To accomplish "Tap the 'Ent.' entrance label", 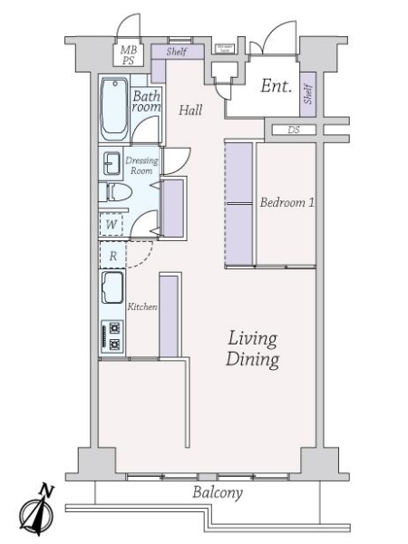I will point(275,87).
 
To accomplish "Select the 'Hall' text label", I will point(189,111).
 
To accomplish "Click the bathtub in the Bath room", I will point(114,110).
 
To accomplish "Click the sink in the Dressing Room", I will point(112,164).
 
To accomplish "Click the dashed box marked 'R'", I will point(112,256).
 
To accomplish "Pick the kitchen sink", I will point(113,289).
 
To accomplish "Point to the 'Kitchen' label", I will point(142,307).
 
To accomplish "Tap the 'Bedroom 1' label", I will point(287,203).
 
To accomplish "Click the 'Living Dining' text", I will point(252,349).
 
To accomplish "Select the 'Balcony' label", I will point(218,493).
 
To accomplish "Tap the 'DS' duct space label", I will point(293,130).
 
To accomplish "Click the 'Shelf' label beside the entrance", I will point(308,93).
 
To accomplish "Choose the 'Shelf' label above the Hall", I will point(177,52).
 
